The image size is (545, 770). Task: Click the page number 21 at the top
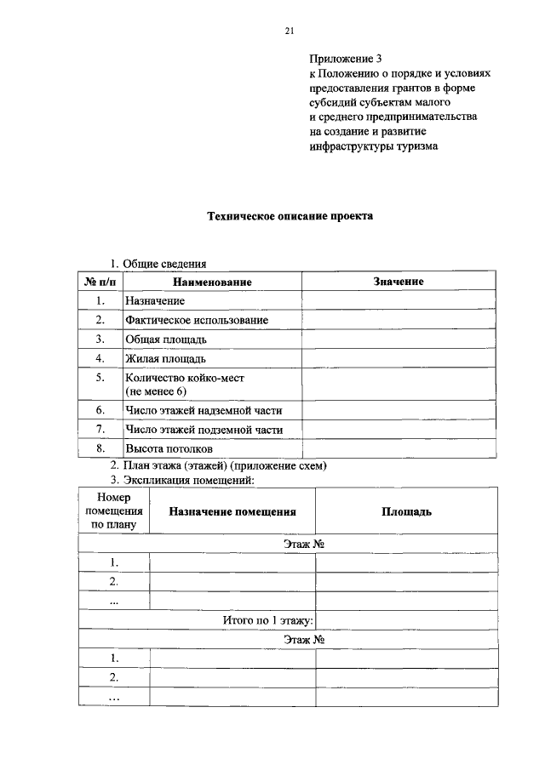[x=289, y=31]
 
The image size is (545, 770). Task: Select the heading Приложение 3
[x=345, y=59]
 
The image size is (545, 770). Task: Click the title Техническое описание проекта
[x=290, y=216]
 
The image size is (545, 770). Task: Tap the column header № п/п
[x=100, y=281]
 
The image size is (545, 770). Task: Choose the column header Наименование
[x=212, y=281]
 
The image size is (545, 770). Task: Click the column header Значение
[x=398, y=281]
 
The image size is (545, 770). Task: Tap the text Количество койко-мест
[x=190, y=377]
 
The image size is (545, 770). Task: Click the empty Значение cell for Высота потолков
[x=398, y=448]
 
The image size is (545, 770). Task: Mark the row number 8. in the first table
[x=100, y=448]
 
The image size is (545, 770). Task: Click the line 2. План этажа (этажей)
[x=218, y=465]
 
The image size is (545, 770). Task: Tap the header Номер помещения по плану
[x=112, y=510]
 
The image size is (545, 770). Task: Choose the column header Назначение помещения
[x=232, y=511]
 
